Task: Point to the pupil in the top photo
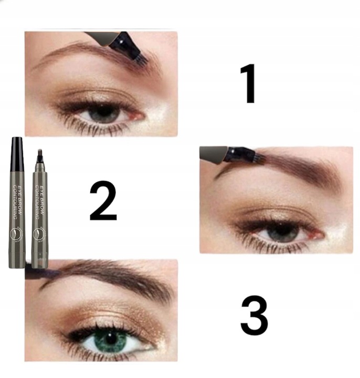coord(103,113)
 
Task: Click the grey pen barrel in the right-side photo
coord(213,153)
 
